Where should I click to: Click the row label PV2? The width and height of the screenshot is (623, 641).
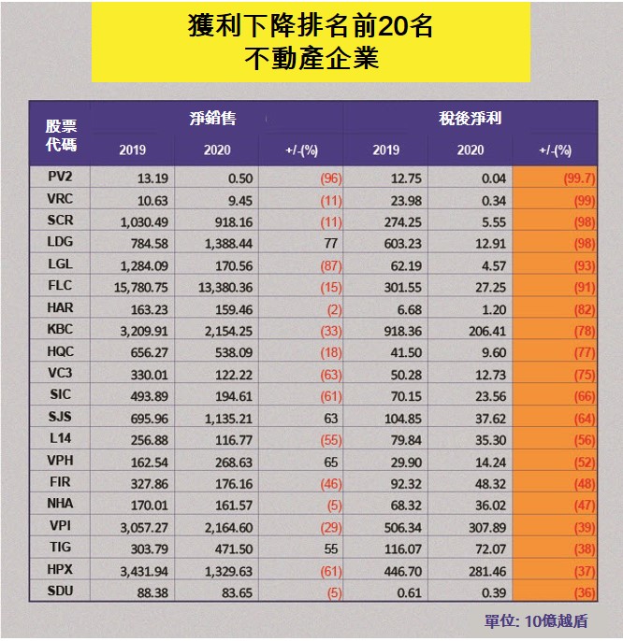point(63,176)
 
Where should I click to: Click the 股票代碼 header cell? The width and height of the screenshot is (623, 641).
point(62,135)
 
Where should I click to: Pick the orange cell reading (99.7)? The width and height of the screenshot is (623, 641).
point(554,176)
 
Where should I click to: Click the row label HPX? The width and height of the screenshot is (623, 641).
point(63,569)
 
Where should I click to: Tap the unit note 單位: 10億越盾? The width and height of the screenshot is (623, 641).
point(536,620)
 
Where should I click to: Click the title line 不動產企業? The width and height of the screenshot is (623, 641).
point(311,60)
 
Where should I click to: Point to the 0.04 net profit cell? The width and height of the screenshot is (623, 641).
point(470,176)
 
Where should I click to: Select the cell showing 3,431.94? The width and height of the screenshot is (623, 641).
point(133,569)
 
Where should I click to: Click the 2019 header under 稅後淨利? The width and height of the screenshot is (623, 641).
point(385,150)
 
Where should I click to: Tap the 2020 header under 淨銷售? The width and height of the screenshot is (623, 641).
point(216,150)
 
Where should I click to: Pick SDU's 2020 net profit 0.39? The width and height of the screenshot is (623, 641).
point(470,591)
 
